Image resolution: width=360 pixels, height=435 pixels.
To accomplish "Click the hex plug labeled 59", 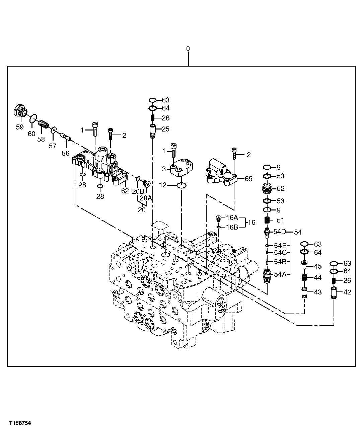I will [20, 111].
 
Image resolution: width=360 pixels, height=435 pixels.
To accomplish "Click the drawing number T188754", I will [20, 423].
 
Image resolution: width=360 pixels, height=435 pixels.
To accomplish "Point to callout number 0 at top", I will [188, 49].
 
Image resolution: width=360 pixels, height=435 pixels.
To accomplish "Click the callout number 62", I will [125, 191].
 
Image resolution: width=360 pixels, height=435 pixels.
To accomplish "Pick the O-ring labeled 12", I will [182, 185].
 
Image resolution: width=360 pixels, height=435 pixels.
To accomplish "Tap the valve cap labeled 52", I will [267, 189].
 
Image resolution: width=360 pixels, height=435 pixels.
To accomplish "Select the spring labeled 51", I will [267, 220].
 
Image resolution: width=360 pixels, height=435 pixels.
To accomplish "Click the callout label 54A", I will [280, 274].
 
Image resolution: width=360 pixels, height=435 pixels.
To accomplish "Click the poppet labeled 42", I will [334, 292].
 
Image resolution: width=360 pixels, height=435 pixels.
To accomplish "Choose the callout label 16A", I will [232, 217].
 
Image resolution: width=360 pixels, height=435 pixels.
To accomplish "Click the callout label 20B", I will [138, 191].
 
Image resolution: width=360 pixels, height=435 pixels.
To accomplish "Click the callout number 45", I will [317, 266].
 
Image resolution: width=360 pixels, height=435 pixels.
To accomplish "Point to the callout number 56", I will [65, 153].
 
